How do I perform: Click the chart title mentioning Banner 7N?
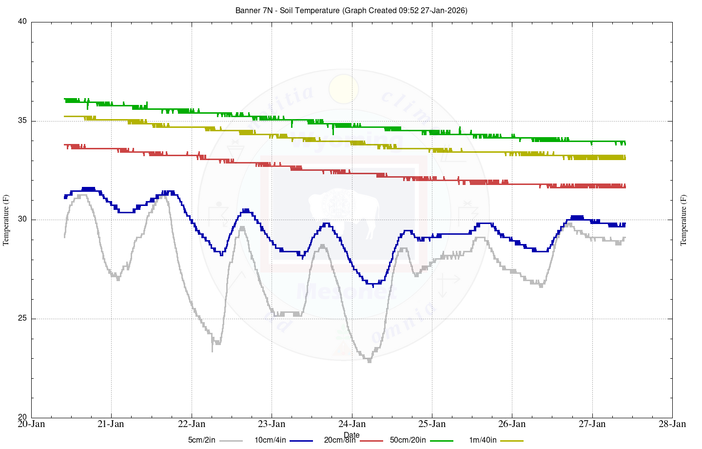click(351, 10)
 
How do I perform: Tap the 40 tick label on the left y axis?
click(22, 22)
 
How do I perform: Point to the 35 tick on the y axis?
click(22, 121)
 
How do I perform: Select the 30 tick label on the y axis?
click(22, 220)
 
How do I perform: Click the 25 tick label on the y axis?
click(22, 319)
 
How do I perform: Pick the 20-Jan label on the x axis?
click(31, 424)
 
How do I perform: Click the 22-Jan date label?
click(192, 424)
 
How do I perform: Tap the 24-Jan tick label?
click(352, 424)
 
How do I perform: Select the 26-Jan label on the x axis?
click(512, 424)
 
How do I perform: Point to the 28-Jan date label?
click(672, 424)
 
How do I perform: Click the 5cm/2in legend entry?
click(201, 440)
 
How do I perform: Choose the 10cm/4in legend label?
click(270, 440)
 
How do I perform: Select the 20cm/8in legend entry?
click(340, 440)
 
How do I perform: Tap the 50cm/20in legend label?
click(408, 440)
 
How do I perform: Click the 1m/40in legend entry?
click(483, 440)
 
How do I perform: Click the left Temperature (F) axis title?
click(6, 220)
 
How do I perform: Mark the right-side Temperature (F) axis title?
click(683, 220)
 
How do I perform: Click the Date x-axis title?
click(351, 435)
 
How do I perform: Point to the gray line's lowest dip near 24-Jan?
click(369, 361)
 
